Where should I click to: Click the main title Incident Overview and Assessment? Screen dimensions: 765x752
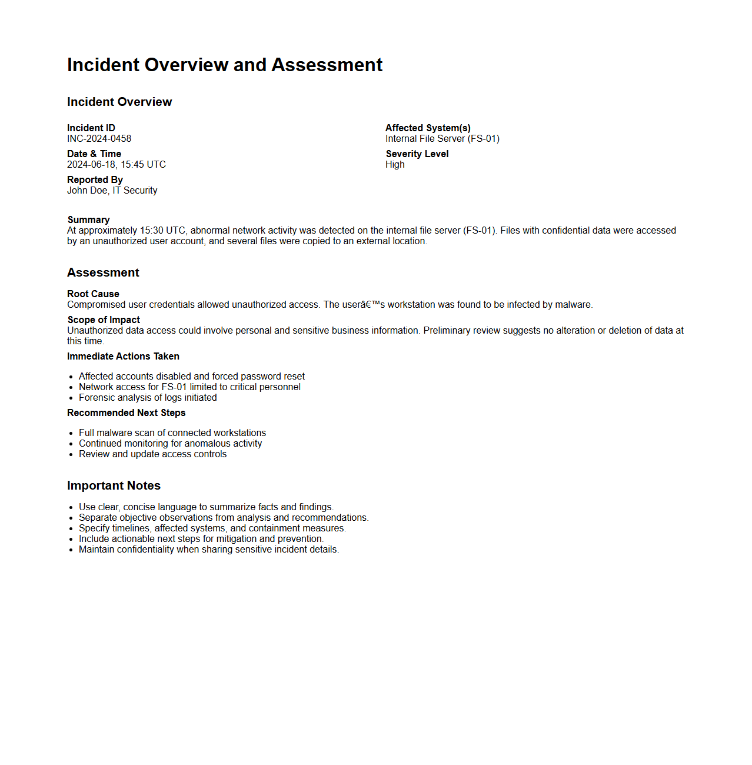pyautogui.click(x=225, y=65)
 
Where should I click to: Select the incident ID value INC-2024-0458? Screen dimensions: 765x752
pyautogui.click(x=99, y=139)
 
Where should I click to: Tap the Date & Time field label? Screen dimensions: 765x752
pyautogui.click(x=94, y=154)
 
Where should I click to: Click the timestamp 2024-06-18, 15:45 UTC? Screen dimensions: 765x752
pyautogui.click(x=117, y=165)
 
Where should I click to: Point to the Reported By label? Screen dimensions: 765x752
pyautogui.click(x=95, y=180)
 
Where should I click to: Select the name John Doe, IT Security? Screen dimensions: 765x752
pyautogui.click(x=112, y=191)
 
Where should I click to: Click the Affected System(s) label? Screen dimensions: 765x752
pyautogui.click(x=428, y=128)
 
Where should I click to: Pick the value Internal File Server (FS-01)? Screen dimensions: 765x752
pyautogui.click(x=442, y=139)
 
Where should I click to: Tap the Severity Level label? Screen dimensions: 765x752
pyautogui.click(x=417, y=154)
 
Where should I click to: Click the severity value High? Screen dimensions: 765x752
pyautogui.click(x=395, y=165)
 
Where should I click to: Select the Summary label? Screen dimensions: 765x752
pyautogui.click(x=89, y=220)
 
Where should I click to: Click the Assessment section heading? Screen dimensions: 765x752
pyautogui.click(x=103, y=272)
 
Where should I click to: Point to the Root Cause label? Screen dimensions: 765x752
pyautogui.click(x=93, y=294)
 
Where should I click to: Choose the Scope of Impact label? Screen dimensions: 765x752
pyautogui.click(x=104, y=320)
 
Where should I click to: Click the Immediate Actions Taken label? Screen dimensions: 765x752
pyautogui.click(x=123, y=357)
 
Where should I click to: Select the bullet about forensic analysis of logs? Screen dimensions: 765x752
pyautogui.click(x=148, y=398)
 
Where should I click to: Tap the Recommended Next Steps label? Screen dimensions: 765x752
pyautogui.click(x=126, y=413)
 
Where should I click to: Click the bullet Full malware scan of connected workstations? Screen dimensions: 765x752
pyautogui.click(x=172, y=433)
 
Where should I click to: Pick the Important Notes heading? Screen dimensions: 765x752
pyautogui.click(x=114, y=485)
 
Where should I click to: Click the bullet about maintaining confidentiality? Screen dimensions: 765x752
pyautogui.click(x=209, y=550)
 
